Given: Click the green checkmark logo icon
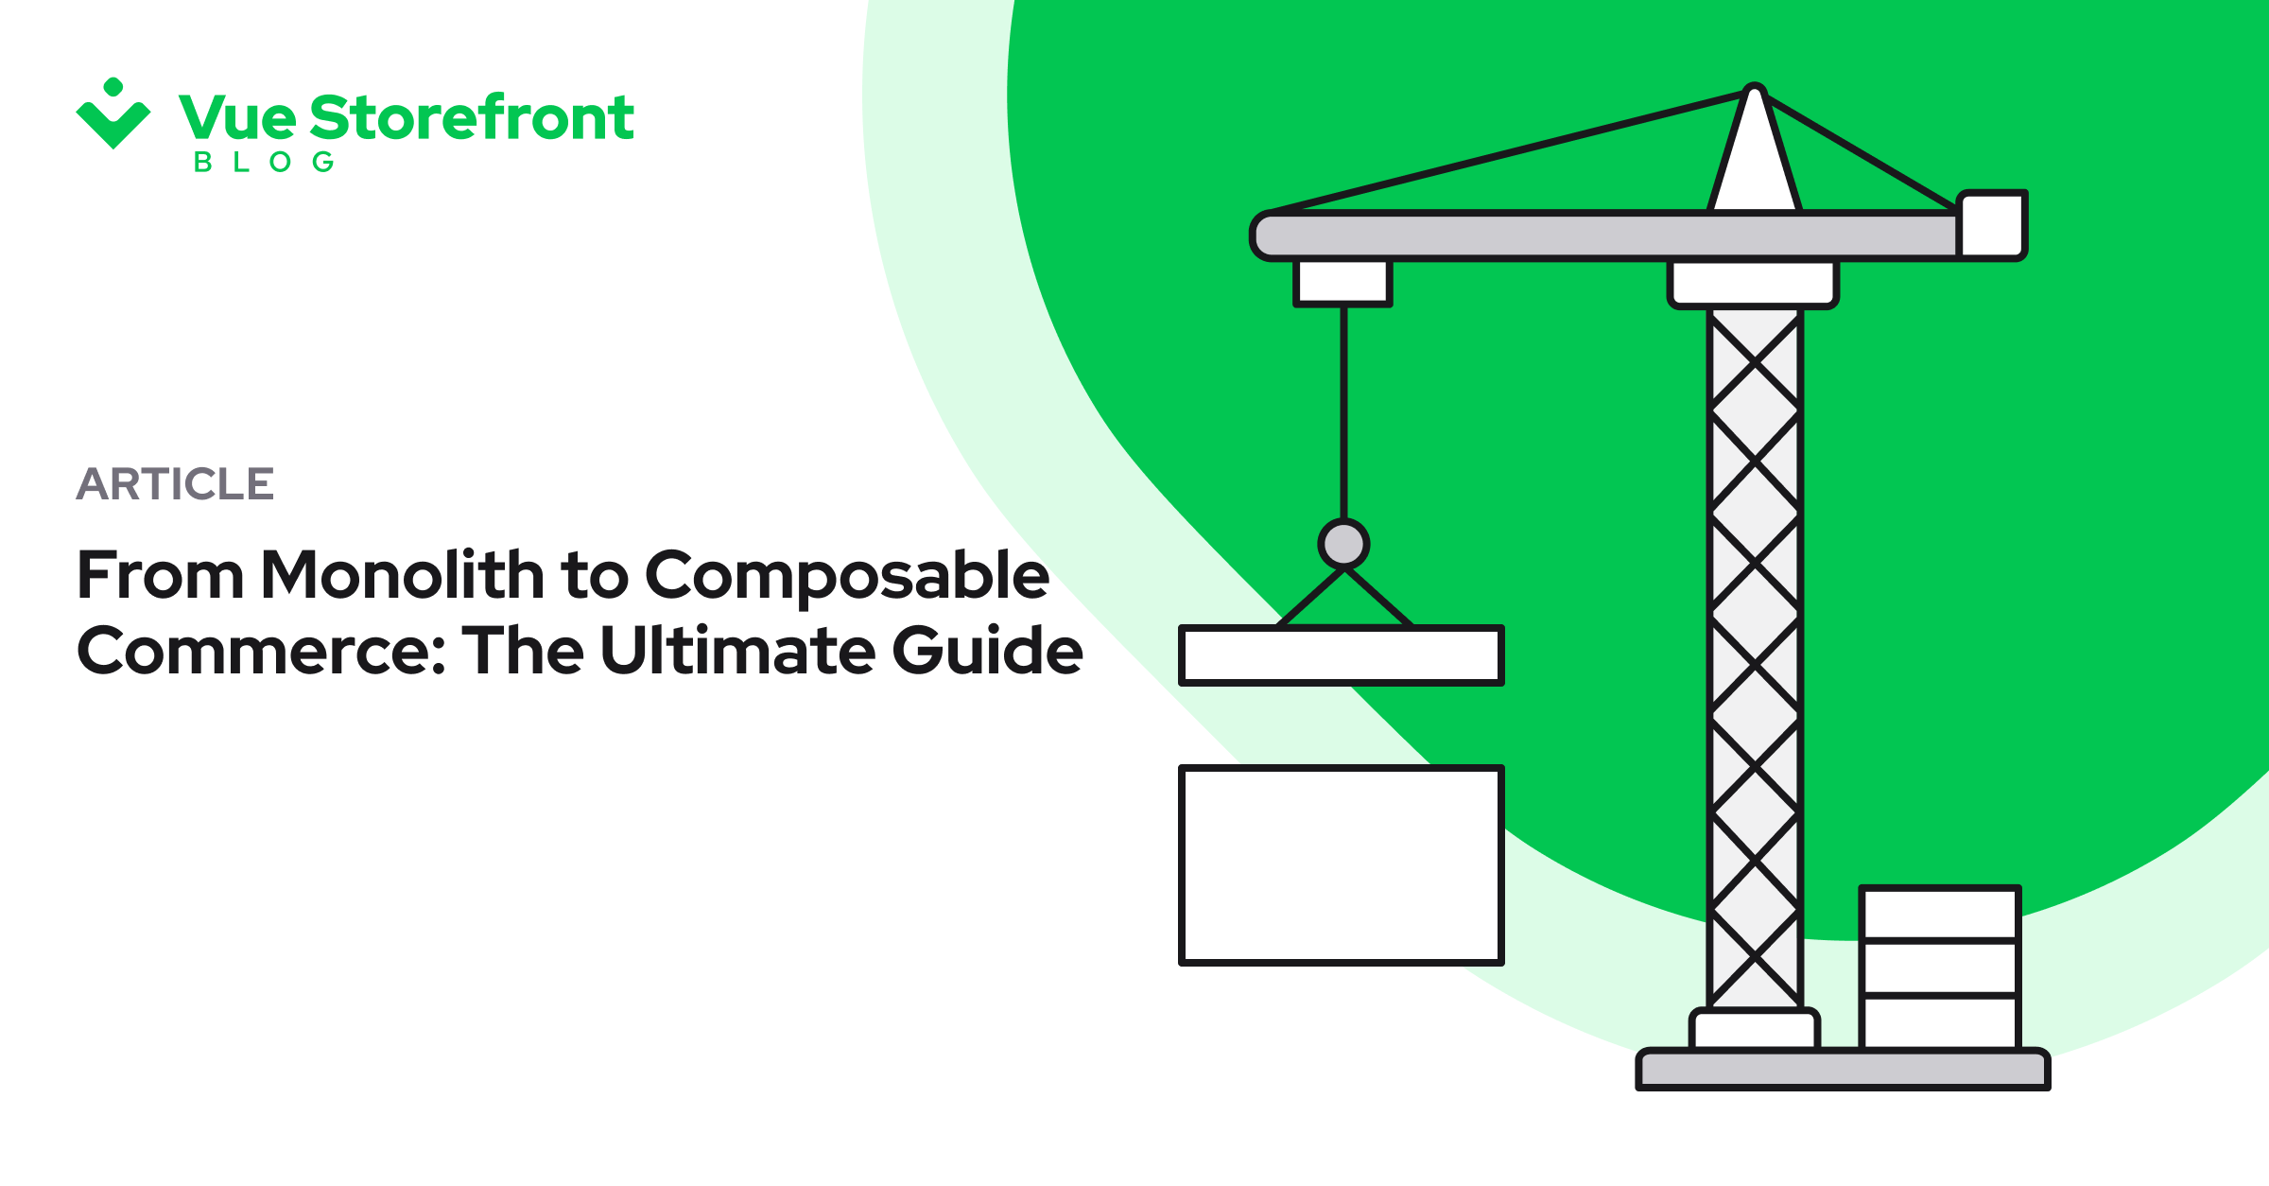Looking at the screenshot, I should [113, 115].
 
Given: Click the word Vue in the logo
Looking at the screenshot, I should [237, 118].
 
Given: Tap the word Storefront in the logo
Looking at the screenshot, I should [471, 118].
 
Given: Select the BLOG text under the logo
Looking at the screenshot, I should [264, 163].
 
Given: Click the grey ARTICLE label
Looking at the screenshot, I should [175, 484].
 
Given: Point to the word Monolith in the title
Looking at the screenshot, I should [402, 575].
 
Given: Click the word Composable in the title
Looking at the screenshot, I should [846, 577].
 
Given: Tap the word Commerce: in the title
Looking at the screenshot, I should [261, 652].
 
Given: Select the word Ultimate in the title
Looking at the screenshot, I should [737, 651].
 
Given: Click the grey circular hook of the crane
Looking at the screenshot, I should [1343, 544].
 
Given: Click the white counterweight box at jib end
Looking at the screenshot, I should [1992, 225].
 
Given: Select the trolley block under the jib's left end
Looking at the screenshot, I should [1342, 282].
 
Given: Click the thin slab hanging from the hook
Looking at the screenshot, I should [1341, 654].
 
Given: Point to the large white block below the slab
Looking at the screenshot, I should [1341, 864].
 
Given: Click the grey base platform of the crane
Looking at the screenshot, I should [1843, 1070].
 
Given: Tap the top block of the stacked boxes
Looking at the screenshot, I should [1939, 913].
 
